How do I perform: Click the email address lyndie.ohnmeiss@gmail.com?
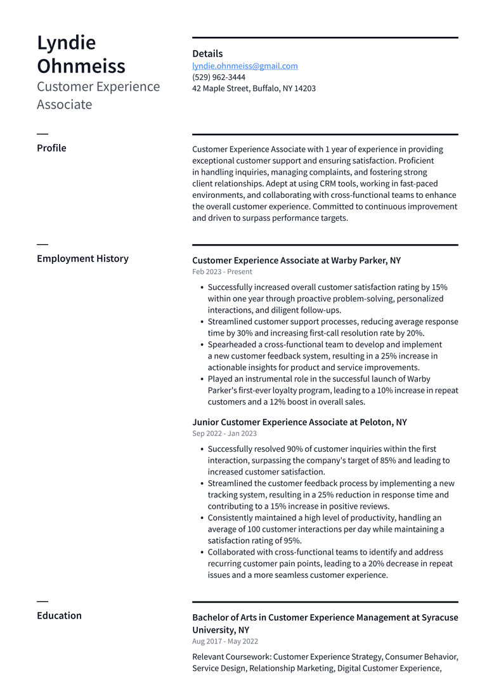coord(245,66)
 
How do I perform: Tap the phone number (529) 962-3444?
coord(219,77)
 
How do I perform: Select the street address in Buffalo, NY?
coord(254,89)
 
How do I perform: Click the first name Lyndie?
coord(67,43)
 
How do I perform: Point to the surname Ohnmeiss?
coord(81,66)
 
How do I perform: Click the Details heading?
coord(207,54)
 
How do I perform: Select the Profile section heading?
coord(51,148)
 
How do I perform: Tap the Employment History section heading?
coord(82,259)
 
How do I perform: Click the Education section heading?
coord(59,616)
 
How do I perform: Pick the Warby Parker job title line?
coord(296,261)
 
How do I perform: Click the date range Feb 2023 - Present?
coord(222,272)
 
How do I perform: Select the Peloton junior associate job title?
coord(299,423)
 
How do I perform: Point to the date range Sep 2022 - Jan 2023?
coord(224,434)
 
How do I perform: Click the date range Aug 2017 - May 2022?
coord(225,641)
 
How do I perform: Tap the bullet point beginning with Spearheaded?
coord(325,356)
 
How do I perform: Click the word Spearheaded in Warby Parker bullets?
coord(233,345)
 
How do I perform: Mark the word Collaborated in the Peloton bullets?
coord(233,553)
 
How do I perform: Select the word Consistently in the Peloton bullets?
coord(233,518)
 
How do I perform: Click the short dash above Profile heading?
coord(42,134)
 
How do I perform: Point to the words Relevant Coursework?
coord(231,657)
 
